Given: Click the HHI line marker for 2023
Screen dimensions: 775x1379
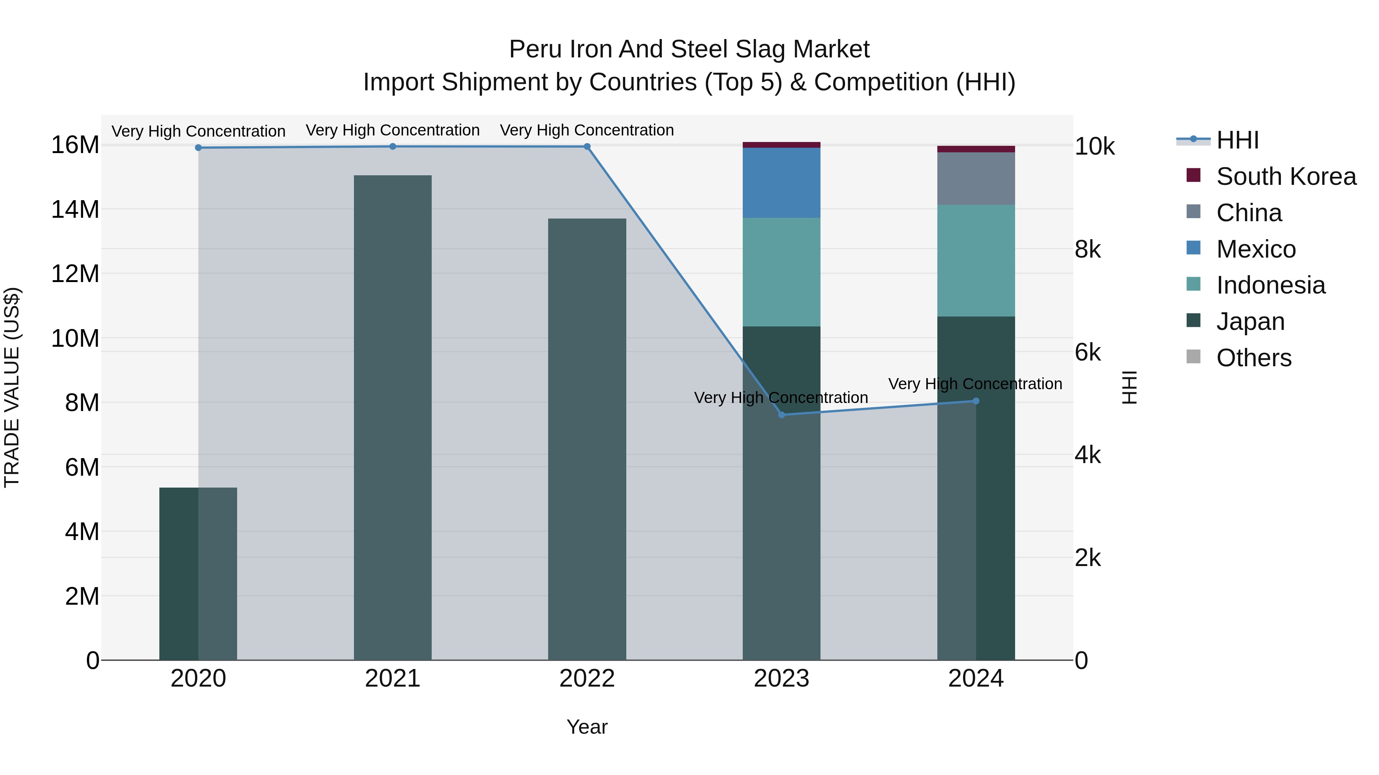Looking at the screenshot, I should pos(781,414).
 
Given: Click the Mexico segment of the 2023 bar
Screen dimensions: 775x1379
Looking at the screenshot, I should pos(781,183).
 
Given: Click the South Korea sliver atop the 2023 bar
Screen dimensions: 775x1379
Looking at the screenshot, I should pos(781,144).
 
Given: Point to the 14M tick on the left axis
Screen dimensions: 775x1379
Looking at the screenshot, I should pos(75,209).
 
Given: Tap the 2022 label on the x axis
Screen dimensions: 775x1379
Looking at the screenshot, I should pos(587,678).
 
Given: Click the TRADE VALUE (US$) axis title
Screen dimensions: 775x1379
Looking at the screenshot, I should pos(12,387).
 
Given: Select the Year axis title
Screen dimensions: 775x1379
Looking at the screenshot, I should pos(587,727).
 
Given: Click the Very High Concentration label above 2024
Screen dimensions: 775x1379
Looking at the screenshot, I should pos(975,383).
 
